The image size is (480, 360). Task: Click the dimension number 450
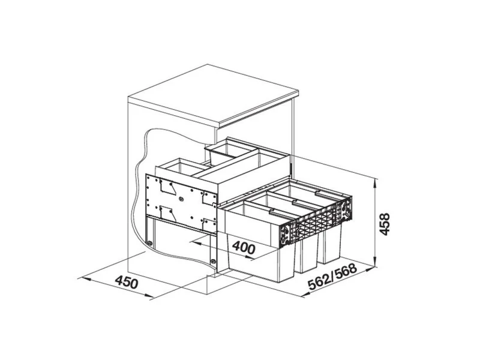tap(127, 282)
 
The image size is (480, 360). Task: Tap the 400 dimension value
tap(244, 247)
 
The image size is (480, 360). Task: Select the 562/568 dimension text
tap(333, 277)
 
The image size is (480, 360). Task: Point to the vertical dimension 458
tap(384, 224)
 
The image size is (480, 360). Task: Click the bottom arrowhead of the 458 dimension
tap(374, 262)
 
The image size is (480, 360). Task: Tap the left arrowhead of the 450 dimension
tap(83, 278)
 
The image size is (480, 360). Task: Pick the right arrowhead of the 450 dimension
tap(149, 296)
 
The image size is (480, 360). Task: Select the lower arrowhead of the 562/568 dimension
tap(305, 295)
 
